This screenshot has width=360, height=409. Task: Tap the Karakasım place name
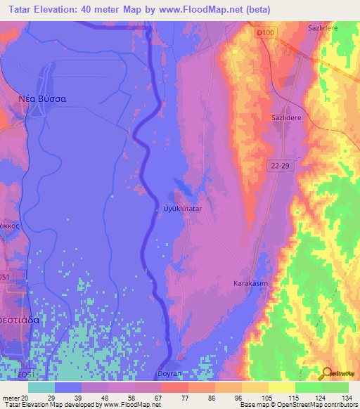tap(250, 283)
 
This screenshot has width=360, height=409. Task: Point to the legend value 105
tap(259, 397)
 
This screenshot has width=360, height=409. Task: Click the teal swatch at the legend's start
tap(41, 387)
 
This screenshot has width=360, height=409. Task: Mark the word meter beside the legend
tap(11, 397)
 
